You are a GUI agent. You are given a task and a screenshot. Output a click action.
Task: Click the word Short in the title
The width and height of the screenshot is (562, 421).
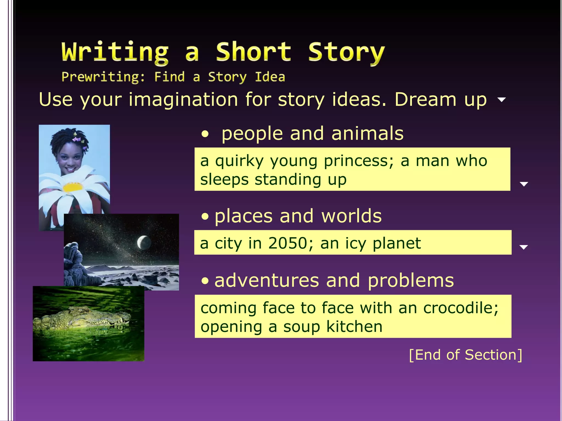[253, 52]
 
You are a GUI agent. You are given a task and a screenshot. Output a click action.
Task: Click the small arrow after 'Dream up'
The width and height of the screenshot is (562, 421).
[502, 99]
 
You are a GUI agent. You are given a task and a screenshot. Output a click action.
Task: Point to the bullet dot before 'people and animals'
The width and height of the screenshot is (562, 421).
[205, 135]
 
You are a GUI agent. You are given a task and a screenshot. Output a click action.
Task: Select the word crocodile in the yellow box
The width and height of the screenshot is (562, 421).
[460, 308]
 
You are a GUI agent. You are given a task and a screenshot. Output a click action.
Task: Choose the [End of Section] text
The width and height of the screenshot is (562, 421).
[465, 355]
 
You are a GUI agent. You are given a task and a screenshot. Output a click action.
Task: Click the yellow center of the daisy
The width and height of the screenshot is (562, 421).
[72, 187]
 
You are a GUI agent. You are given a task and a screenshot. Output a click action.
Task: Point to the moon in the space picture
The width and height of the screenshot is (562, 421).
[144, 242]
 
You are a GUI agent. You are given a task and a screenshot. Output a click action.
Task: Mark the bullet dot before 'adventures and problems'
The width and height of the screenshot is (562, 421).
[205, 281]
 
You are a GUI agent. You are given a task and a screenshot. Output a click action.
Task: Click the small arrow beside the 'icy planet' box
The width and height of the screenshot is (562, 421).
[524, 247]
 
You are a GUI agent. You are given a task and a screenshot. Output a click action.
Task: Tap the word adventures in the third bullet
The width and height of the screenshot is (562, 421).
[266, 281]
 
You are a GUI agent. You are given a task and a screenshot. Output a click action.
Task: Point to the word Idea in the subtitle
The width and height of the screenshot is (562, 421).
[270, 77]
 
